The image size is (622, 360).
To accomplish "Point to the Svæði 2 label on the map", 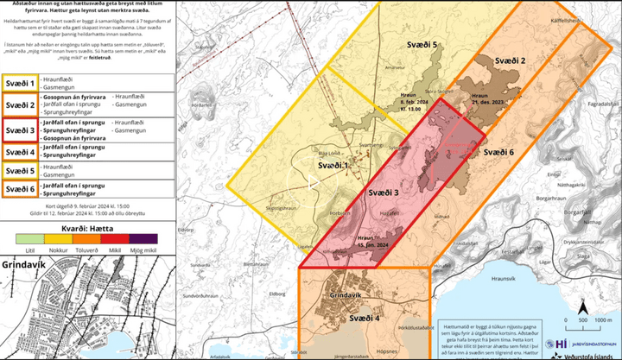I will tap(511, 60).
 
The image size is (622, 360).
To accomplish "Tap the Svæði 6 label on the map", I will tap(498, 152).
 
